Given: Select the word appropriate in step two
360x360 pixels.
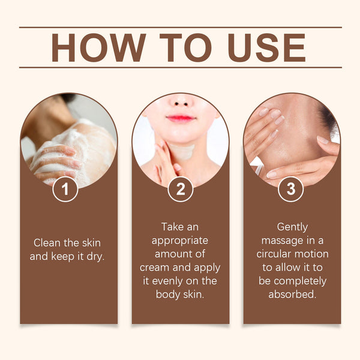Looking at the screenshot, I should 180,241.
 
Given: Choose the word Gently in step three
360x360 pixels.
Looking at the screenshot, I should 292,227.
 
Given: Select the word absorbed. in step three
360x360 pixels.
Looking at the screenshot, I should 292,294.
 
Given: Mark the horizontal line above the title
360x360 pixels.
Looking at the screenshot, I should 180,27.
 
